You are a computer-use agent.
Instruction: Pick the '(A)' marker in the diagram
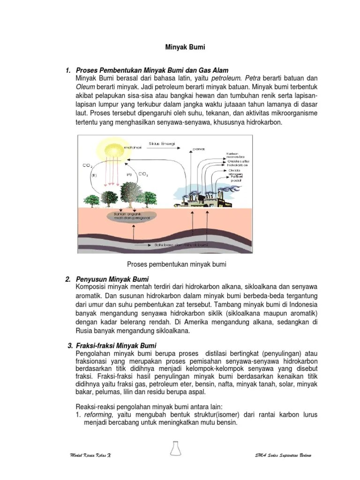click(x=129, y=174)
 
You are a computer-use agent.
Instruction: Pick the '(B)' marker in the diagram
click(x=94, y=175)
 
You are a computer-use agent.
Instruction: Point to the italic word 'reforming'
click(x=99, y=415)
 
